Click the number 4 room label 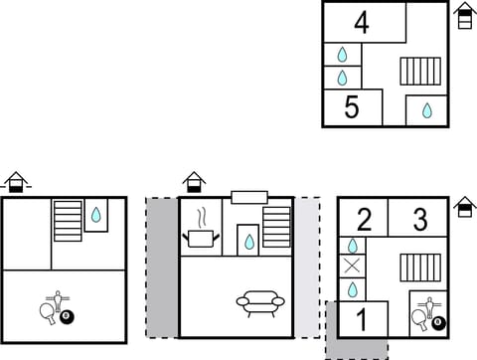(x=362, y=22)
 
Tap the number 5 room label (x=351, y=107)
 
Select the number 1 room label (x=362, y=319)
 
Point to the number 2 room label (x=364, y=219)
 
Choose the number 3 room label (x=419, y=219)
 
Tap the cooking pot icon (x=205, y=238)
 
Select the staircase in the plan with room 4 (x=419, y=72)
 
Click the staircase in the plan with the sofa (x=276, y=227)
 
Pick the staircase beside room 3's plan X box (x=419, y=267)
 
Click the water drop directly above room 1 (x=352, y=289)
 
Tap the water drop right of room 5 (x=427, y=110)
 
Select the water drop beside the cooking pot (x=248, y=240)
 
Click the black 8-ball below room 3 (x=437, y=322)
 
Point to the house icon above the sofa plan (x=194, y=182)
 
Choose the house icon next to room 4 (x=464, y=16)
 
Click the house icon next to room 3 (x=464, y=207)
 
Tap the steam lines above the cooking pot (x=201, y=216)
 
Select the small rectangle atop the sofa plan (x=248, y=196)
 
